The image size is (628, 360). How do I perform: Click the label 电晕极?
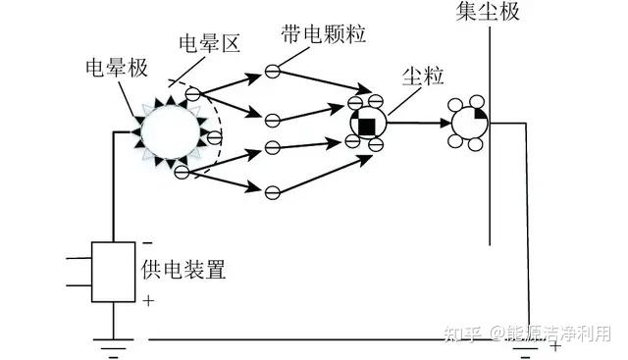click(117, 68)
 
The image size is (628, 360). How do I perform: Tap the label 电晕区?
click(209, 43)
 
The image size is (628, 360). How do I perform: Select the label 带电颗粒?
click(323, 33)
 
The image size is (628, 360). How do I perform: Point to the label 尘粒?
click(423, 76)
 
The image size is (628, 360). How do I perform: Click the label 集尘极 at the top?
click(488, 11)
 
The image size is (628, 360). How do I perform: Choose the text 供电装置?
click(183, 269)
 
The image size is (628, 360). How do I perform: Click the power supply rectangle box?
click(114, 272)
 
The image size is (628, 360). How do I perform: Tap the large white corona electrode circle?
click(170, 130)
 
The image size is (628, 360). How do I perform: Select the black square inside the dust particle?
click(366, 127)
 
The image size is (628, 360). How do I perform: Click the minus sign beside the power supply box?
click(147, 243)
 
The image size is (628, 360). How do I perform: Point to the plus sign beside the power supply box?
click(148, 300)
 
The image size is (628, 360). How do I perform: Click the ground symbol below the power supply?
click(114, 347)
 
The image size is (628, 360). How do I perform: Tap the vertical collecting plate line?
click(490, 135)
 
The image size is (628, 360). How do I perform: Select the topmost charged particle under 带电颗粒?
click(273, 72)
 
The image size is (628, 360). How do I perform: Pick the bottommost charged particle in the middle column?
click(273, 192)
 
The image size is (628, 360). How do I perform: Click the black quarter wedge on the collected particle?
click(481, 114)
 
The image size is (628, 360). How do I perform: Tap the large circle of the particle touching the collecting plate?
click(470, 123)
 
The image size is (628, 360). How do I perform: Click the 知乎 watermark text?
click(462, 334)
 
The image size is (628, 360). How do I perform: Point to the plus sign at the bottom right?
click(554, 345)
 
